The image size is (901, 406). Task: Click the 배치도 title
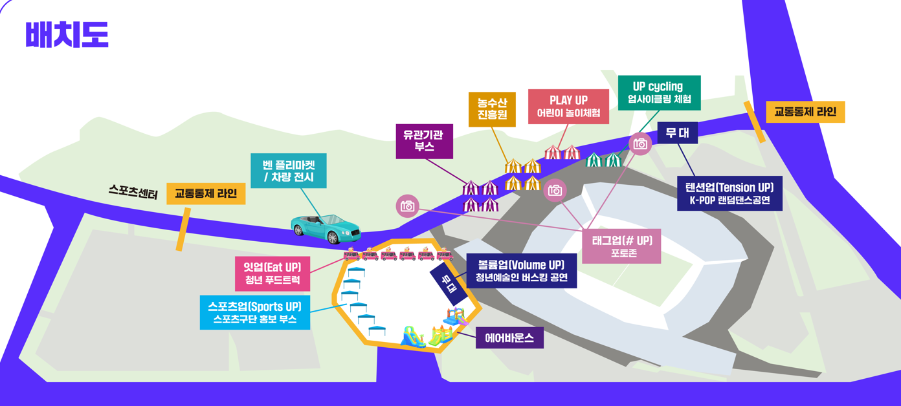click(67, 34)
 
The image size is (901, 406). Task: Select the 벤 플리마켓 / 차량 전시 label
click(289, 171)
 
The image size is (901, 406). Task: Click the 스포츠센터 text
click(133, 191)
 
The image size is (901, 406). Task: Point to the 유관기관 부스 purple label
click(424, 142)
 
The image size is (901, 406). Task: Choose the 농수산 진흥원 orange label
click(492, 109)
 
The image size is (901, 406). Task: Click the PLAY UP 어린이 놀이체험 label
click(568, 107)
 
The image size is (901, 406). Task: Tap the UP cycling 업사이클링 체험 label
click(659, 93)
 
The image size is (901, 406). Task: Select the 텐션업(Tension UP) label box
click(729, 193)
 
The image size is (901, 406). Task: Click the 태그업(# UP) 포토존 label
click(621, 246)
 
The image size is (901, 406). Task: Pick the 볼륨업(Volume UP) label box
click(522, 271)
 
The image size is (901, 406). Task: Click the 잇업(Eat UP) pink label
click(273, 273)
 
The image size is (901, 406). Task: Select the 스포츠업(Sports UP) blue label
click(255, 312)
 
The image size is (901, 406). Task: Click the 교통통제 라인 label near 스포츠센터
click(206, 193)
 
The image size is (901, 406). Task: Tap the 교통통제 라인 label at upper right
click(805, 112)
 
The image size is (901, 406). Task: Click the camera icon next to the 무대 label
click(640, 144)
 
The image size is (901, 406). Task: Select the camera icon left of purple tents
click(408, 206)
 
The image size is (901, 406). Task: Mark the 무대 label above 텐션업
click(678, 133)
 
